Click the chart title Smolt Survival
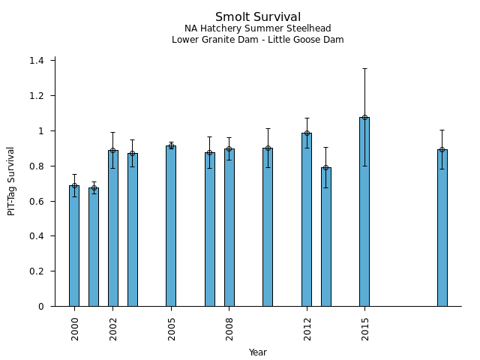(258, 17)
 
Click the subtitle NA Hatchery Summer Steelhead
(258, 28)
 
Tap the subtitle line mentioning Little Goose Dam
(258, 40)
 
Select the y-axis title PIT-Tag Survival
(11, 181)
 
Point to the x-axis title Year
(258, 352)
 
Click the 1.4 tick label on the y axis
(37, 61)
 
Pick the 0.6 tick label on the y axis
(37, 201)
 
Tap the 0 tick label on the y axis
(42, 307)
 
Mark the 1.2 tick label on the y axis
(37, 96)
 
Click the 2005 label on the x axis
(171, 328)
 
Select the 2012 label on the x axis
(307, 328)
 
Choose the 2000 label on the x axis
(74, 328)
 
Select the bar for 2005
(171, 226)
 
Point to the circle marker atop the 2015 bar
(364, 117)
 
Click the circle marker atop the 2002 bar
(113, 150)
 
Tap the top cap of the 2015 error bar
(364, 68)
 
